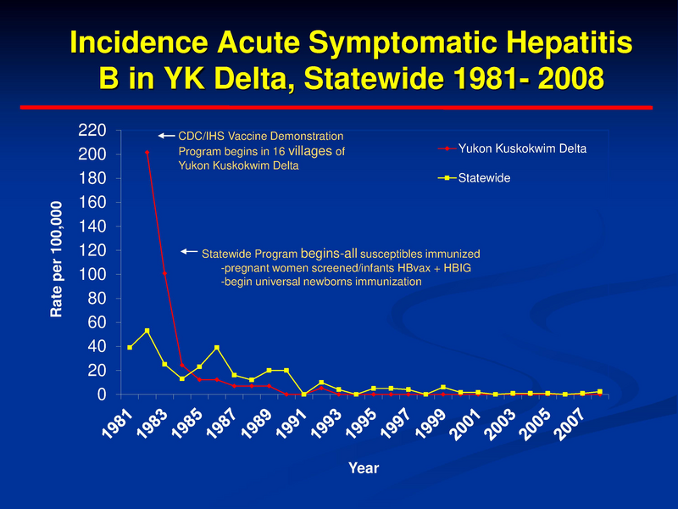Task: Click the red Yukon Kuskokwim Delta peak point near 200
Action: tap(147, 153)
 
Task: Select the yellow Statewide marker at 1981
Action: tap(130, 348)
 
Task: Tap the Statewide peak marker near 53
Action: tap(147, 331)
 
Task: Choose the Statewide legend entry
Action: tap(484, 179)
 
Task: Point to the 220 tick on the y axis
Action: tap(92, 131)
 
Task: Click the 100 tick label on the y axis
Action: tap(92, 275)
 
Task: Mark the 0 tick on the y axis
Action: tap(101, 394)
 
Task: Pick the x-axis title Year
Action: tap(365, 467)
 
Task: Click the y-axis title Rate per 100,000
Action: tap(56, 260)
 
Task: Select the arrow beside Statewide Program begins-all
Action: tap(189, 252)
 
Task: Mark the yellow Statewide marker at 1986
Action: tap(217, 348)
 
